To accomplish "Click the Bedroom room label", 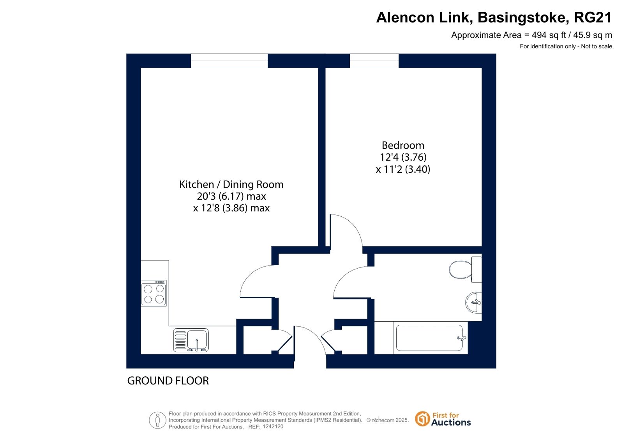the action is coord(403,145).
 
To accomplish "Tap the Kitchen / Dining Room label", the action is coord(231,184).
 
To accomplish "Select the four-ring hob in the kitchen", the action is coord(154,293).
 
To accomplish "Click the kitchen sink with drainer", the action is coord(191,340).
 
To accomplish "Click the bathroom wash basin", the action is coord(473,302).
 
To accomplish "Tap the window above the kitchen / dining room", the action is coord(229,61).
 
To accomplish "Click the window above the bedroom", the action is coord(374,61).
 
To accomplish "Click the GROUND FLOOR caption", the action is coord(168,381).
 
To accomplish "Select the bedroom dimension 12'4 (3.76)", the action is coord(403,157).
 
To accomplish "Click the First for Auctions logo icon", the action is coord(422,418).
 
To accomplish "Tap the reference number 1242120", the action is coord(273,427).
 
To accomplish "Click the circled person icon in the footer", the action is coord(157,420).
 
